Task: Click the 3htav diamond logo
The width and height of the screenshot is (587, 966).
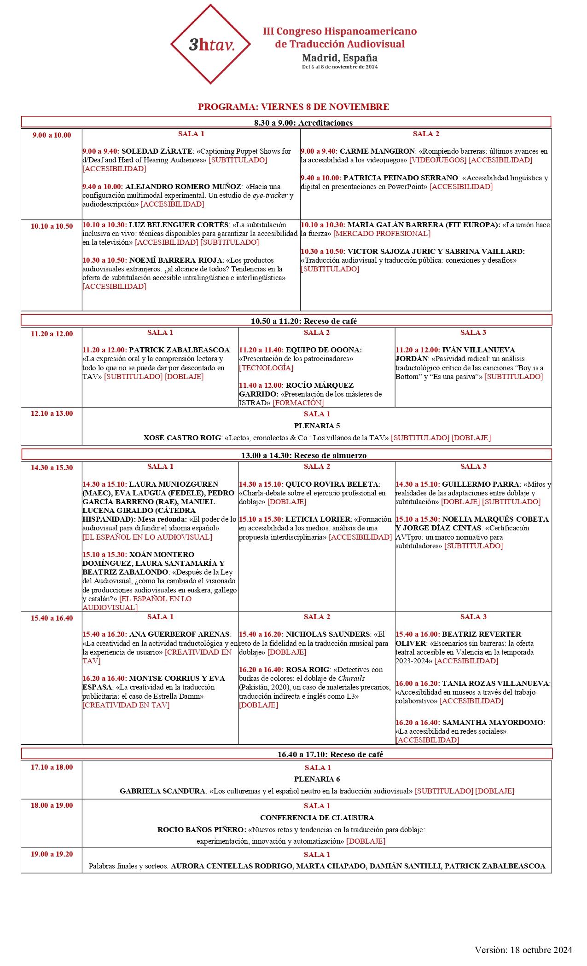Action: [210, 44]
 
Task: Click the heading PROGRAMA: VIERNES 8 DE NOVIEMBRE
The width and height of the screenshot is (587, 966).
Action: [293, 107]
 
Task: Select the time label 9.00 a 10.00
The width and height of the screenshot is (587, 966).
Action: [52, 135]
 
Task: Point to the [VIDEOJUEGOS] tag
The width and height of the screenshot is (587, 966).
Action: [437, 160]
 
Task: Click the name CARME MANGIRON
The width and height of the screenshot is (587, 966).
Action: [378, 151]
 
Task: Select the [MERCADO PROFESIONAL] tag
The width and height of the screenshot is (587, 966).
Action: [382, 234]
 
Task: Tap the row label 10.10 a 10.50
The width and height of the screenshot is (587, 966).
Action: [52, 226]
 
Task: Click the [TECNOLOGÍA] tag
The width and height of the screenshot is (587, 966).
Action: [266, 368]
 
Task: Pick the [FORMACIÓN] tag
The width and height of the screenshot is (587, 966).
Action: [298, 403]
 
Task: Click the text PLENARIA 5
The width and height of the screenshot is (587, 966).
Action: [317, 426]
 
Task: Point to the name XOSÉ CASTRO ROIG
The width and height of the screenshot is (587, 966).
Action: [182, 438]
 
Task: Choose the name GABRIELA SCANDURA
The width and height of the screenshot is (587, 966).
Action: [163, 791]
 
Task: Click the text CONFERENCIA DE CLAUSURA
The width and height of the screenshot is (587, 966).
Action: [317, 818]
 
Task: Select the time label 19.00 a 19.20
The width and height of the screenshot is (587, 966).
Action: [52, 854]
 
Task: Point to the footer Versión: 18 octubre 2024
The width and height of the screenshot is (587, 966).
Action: [523, 950]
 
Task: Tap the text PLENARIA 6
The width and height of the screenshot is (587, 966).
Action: [317, 779]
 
